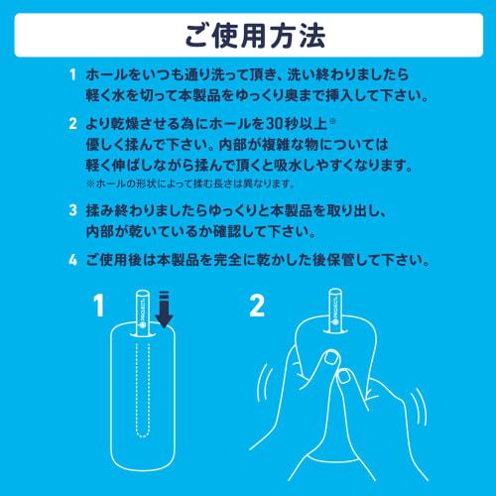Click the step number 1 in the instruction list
click(x=71, y=75)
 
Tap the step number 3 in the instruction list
click(x=71, y=211)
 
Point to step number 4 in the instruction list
click(x=71, y=262)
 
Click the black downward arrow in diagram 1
click(x=165, y=316)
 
